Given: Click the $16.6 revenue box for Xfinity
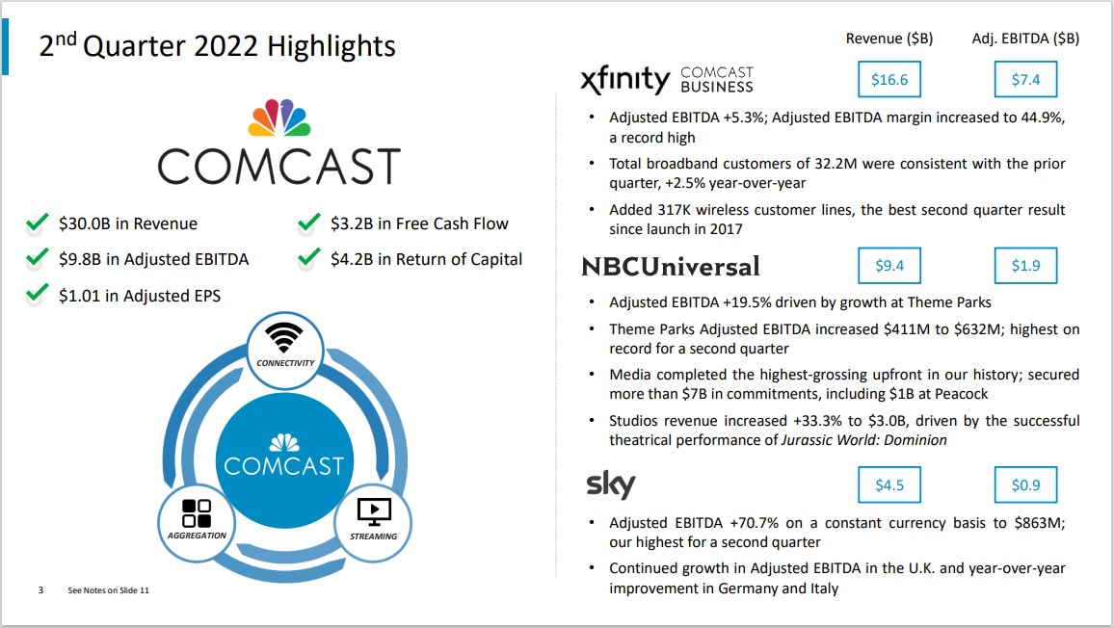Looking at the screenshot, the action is (889, 79).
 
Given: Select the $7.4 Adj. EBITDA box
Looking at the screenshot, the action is (1026, 79).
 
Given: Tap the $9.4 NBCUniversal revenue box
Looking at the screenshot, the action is (889, 266).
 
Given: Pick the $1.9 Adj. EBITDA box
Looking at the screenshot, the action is (1026, 266).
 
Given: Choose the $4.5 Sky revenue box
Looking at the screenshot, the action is (889, 484).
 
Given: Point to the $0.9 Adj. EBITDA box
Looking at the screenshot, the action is (1026, 484).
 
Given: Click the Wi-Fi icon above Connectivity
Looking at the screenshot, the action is (284, 337).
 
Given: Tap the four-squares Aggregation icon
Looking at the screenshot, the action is (197, 513).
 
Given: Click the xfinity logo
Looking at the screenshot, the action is (625, 79).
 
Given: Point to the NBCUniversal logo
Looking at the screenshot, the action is (671, 267).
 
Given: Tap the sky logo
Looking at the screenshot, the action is (610, 484).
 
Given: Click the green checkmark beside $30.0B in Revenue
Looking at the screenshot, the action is (37, 223).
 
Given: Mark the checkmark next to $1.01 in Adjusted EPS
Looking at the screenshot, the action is (37, 294).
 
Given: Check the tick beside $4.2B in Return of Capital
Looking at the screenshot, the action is (309, 258).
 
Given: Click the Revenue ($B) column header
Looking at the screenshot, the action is (889, 39).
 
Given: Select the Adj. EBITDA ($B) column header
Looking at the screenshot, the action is (1025, 39).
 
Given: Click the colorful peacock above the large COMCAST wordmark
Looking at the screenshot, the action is (279, 118).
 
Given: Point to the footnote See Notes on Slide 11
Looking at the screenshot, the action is (109, 590).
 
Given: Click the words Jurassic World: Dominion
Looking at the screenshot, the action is (863, 440).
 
